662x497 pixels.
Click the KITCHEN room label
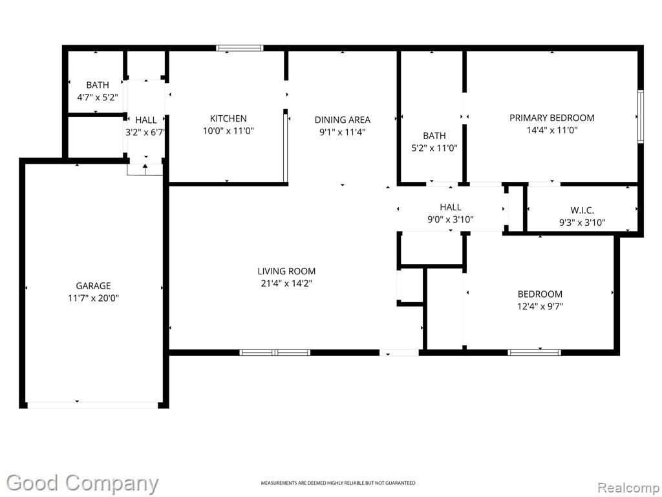point(228,119)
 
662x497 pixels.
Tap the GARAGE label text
point(93,285)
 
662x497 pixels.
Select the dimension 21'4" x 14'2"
point(286,283)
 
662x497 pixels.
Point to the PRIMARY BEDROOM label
point(552,118)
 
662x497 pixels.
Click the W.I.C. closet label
point(582,210)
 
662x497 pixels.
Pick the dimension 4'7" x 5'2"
point(97,98)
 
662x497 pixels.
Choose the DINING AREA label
point(343,120)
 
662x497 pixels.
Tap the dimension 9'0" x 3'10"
point(451,219)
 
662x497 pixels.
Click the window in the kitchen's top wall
point(239,48)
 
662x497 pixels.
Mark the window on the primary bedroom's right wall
point(641,116)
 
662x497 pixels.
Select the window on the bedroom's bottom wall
point(535,353)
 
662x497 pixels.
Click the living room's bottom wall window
point(275,353)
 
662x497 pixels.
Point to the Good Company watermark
point(82,483)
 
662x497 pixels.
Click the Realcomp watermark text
point(629,488)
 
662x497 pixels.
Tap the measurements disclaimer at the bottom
point(337,483)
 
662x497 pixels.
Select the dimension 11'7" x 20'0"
point(93,298)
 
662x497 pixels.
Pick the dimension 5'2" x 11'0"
point(434,148)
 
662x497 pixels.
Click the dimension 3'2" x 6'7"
point(145,132)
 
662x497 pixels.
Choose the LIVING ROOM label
point(286,271)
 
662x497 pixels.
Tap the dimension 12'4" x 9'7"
point(540,306)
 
